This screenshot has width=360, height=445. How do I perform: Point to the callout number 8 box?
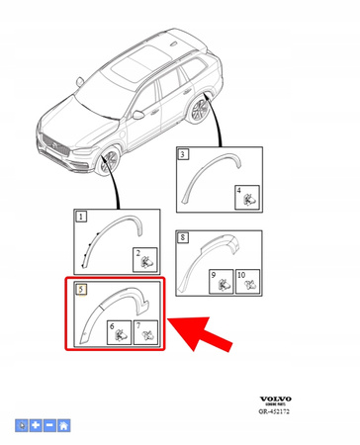coord(182,237)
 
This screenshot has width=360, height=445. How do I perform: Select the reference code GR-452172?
coord(278,409)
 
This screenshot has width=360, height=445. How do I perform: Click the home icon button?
coord(64,425)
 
